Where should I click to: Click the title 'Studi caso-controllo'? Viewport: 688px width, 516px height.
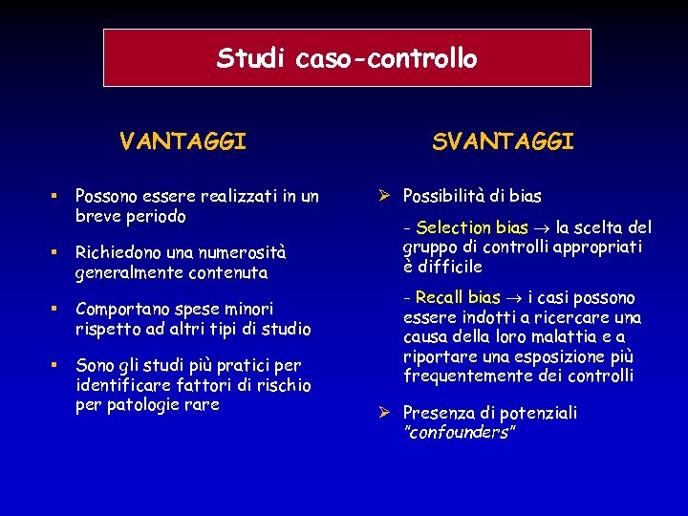pos(347,58)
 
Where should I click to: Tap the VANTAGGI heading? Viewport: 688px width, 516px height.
pos(183,142)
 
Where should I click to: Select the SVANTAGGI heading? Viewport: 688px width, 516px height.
pos(503,142)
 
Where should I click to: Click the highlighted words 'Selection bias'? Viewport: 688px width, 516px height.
pos(472,227)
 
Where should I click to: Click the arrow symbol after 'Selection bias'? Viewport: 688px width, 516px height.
pos(542,228)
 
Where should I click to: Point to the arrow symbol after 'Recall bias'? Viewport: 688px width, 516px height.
pos(514,299)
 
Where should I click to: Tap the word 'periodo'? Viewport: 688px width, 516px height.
pos(157,217)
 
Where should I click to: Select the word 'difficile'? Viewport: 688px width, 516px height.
pos(449,267)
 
